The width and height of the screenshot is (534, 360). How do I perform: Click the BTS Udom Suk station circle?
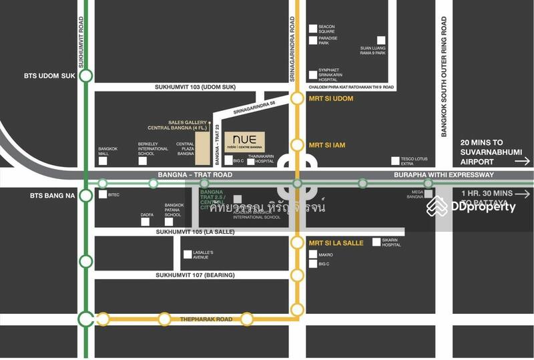pos(85,76)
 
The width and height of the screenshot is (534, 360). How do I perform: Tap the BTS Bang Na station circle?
pos(85,196)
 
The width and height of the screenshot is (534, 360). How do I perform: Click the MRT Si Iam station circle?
pos(297,144)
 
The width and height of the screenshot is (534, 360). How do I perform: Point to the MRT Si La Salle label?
pos(336,243)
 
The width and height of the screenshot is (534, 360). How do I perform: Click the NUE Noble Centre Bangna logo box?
pos(244,141)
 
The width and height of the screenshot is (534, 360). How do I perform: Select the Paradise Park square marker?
pos(312,41)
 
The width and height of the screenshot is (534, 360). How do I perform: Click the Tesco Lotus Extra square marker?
pos(395,161)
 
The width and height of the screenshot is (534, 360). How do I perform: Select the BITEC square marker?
pos(102,195)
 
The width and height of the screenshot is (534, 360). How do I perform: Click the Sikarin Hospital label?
pos(391,242)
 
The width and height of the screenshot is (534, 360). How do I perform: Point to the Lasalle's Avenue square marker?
pos(188,254)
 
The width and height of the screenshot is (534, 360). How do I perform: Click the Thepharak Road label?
pos(206,320)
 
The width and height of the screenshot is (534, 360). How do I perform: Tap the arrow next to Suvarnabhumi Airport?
pos(523,161)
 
